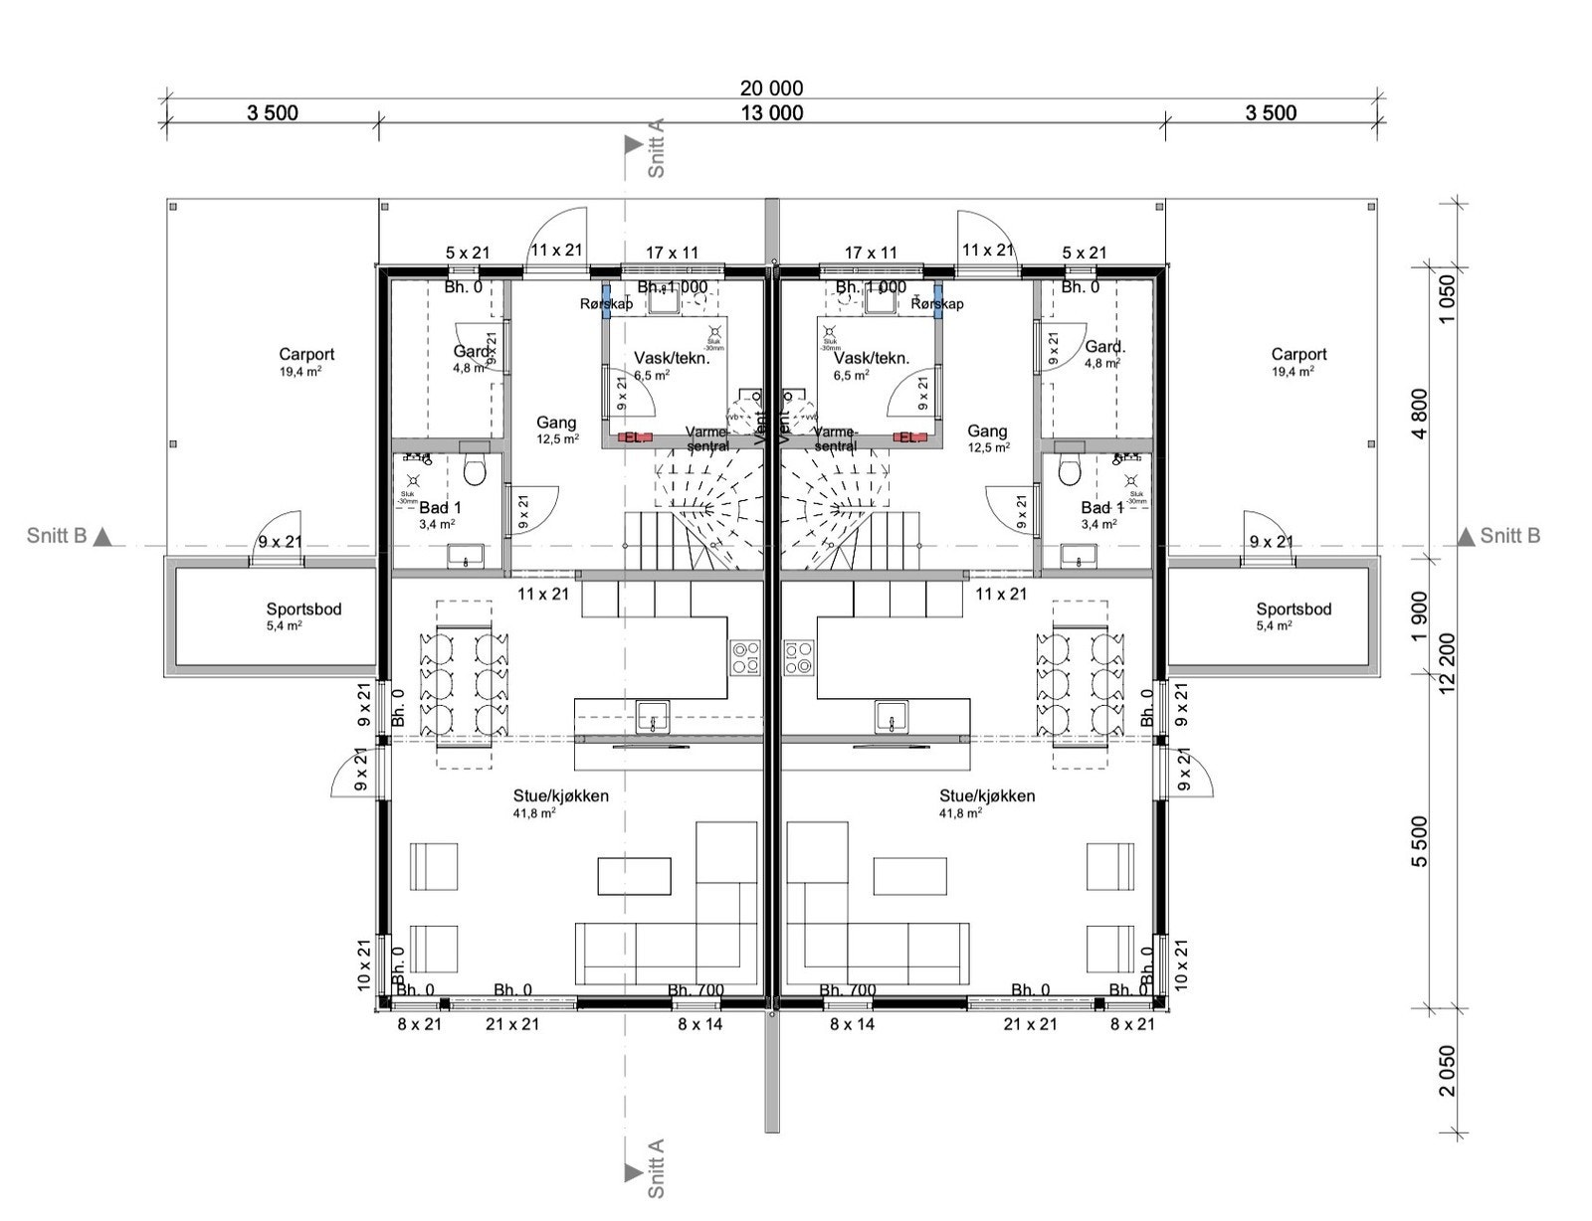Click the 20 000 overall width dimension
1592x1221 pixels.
[x=771, y=87]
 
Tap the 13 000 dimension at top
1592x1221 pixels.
[x=771, y=112]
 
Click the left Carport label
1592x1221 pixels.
[x=306, y=354]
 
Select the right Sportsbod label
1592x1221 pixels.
[x=1293, y=610]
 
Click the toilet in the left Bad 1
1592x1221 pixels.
[x=474, y=472]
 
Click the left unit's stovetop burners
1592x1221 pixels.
[x=745, y=658]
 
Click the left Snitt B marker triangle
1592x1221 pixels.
[x=103, y=537]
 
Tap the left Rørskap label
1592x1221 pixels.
[x=606, y=303]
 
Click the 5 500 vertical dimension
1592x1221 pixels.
[x=1419, y=841]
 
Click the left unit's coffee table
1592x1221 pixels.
[x=635, y=876]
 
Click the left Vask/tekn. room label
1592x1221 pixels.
[x=671, y=358]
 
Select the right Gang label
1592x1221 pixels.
[x=986, y=432]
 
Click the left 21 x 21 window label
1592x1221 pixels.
[x=511, y=1023]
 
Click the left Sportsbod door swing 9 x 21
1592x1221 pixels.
[x=280, y=542]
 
